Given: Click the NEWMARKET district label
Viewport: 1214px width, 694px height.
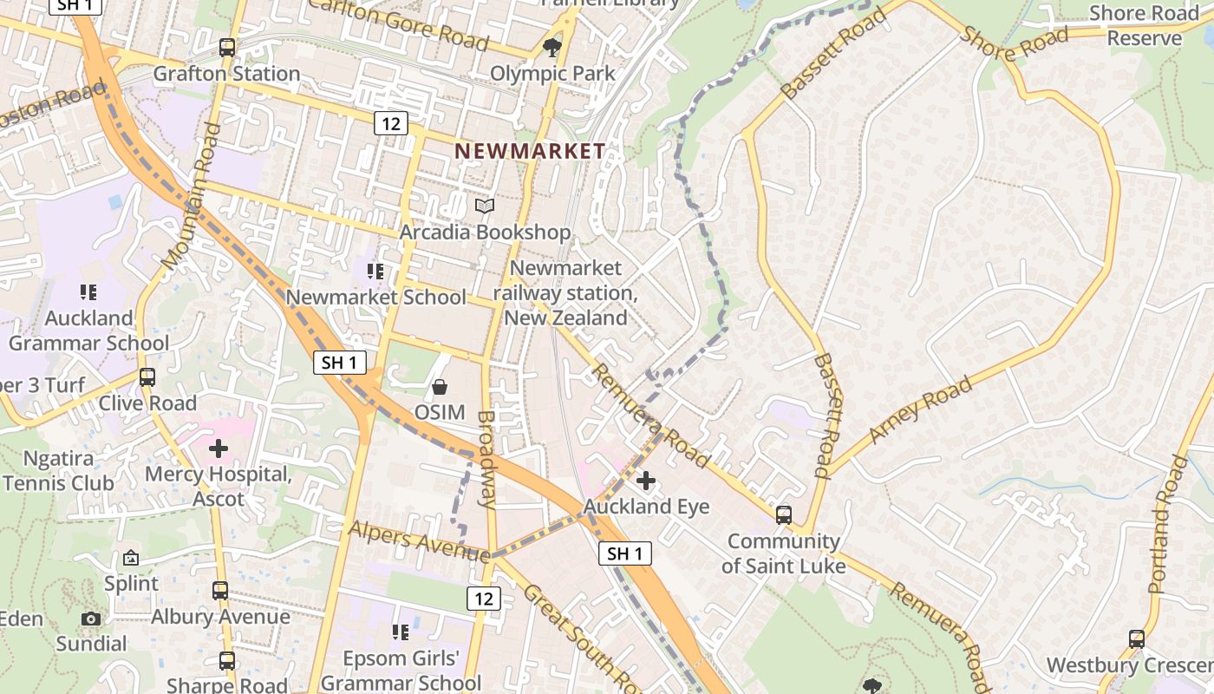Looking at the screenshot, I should [x=530, y=151].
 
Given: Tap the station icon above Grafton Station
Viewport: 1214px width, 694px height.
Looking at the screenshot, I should [x=227, y=48].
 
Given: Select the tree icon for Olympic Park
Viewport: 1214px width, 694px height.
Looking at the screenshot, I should [x=552, y=46].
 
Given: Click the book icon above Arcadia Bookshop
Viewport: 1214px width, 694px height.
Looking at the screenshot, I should [x=485, y=206].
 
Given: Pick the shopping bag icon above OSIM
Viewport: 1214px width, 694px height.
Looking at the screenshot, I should [x=440, y=386].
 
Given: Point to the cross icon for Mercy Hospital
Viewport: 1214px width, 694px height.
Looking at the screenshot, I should [x=219, y=448].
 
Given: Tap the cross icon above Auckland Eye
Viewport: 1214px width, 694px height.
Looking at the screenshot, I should [x=646, y=480].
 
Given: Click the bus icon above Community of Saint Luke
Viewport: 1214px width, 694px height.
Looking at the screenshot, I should [x=784, y=514].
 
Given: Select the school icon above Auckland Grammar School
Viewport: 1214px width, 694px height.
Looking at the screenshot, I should [x=88, y=292].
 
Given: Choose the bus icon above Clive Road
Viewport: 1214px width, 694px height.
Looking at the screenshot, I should [x=147, y=377].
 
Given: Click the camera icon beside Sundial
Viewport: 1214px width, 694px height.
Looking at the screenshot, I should [x=91, y=619].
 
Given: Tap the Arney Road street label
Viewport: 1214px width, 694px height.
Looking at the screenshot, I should [x=920, y=409].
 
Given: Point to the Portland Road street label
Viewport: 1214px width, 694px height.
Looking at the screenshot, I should [x=1167, y=525].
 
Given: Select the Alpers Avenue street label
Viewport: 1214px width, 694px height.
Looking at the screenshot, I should [x=419, y=540].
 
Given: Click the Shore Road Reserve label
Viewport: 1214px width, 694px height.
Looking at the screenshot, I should [x=1143, y=25].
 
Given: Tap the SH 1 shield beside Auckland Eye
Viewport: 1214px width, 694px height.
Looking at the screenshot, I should [x=624, y=553].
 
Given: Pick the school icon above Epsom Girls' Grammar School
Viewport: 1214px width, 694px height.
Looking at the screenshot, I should [x=400, y=632].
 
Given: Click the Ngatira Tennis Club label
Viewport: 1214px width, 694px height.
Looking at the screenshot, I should [x=59, y=470].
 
